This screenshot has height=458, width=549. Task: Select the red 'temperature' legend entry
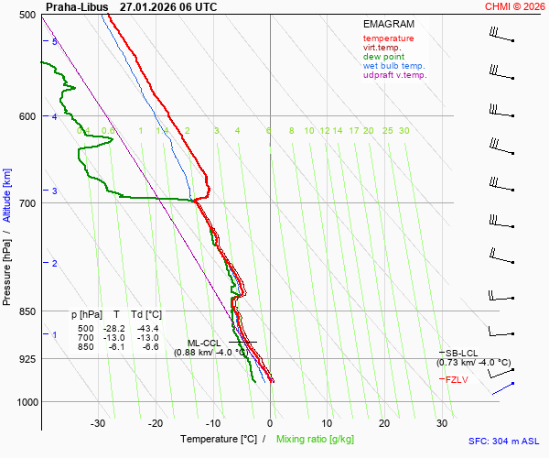388,38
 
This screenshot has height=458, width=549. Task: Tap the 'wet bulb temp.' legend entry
393,66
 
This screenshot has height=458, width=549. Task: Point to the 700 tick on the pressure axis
27,202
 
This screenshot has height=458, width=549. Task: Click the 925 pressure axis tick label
27,358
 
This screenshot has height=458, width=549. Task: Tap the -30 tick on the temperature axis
98,423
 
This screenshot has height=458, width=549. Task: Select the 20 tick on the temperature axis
384,423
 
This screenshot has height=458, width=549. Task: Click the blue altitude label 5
55,42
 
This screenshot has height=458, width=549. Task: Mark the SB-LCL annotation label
463,353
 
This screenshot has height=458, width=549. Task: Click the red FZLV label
457,379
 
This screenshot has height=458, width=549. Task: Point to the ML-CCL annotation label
205,343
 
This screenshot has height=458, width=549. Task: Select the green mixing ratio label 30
404,131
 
